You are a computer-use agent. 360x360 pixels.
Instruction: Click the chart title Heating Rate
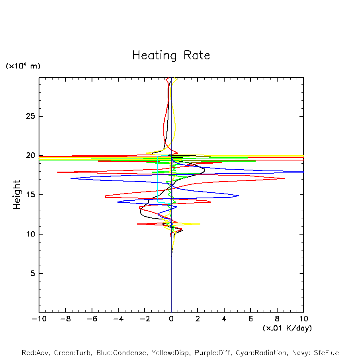(171, 55)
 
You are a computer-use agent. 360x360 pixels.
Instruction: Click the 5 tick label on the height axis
(33, 274)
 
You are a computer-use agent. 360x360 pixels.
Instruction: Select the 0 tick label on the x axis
(171, 319)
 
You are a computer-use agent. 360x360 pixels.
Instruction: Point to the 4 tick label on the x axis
(224, 319)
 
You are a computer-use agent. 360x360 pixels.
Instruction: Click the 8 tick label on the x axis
(277, 319)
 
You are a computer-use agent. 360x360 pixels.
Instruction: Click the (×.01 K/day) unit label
(287, 328)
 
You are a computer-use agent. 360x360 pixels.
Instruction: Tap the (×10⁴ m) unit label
(23, 66)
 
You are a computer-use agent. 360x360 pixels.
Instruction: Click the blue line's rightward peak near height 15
(239, 196)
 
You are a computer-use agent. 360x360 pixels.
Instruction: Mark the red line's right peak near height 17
(284, 178)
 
